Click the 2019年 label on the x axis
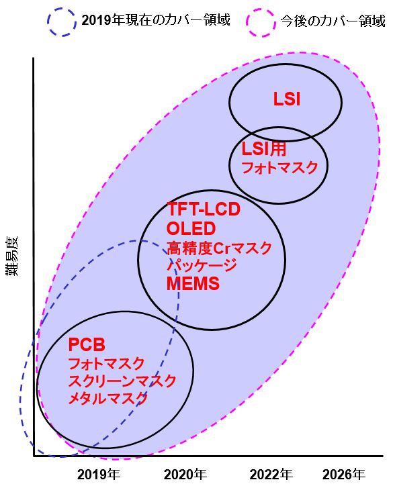(x=99, y=475)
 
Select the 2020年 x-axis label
(x=185, y=475)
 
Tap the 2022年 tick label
(x=271, y=475)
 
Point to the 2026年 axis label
(x=344, y=475)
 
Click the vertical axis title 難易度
(x=12, y=256)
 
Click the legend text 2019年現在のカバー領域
(x=156, y=20)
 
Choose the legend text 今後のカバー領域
(x=333, y=21)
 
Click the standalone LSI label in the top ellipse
(x=287, y=99)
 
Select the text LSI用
(x=264, y=149)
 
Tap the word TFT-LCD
(x=204, y=209)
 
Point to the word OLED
(x=191, y=228)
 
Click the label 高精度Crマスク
(x=219, y=248)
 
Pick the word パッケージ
(x=202, y=265)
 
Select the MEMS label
(x=193, y=283)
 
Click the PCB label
(x=87, y=344)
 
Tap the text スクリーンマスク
(x=122, y=381)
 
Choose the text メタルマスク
(x=108, y=398)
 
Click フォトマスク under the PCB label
(x=106, y=364)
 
